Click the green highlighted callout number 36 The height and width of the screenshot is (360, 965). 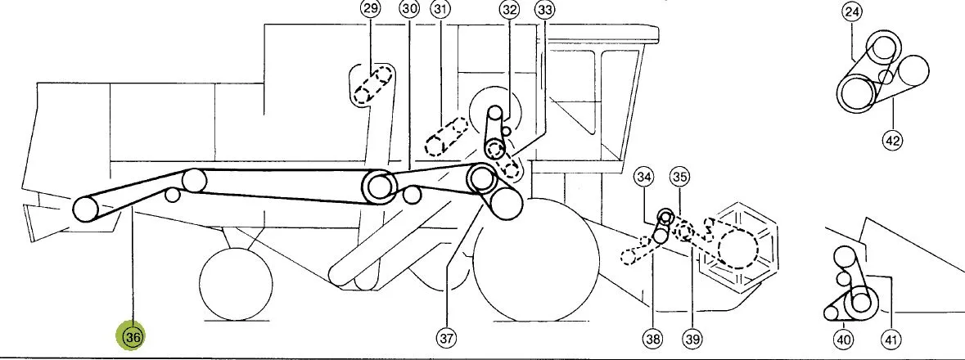[x=133, y=336]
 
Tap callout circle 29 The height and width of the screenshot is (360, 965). [x=371, y=9]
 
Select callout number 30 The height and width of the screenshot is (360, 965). [x=408, y=9]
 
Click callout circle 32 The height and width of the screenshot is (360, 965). [x=510, y=9]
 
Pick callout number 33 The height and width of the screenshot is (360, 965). [x=545, y=9]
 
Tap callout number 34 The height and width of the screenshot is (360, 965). [x=644, y=178]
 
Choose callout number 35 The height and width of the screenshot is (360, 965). [x=679, y=178]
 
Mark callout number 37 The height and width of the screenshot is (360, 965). [x=446, y=338]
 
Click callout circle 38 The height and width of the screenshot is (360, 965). [x=653, y=338]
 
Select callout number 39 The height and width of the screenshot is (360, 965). [x=692, y=338]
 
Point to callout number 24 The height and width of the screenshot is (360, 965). [x=853, y=11]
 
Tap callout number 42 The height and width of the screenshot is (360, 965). [x=892, y=141]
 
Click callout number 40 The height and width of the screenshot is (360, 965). [x=843, y=339]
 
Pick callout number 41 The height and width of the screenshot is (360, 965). [x=891, y=339]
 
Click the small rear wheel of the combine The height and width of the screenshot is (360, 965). [x=236, y=284]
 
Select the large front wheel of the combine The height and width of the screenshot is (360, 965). [x=536, y=260]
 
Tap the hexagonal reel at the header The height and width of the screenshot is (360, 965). [x=737, y=245]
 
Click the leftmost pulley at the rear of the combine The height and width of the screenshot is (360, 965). [x=86, y=209]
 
